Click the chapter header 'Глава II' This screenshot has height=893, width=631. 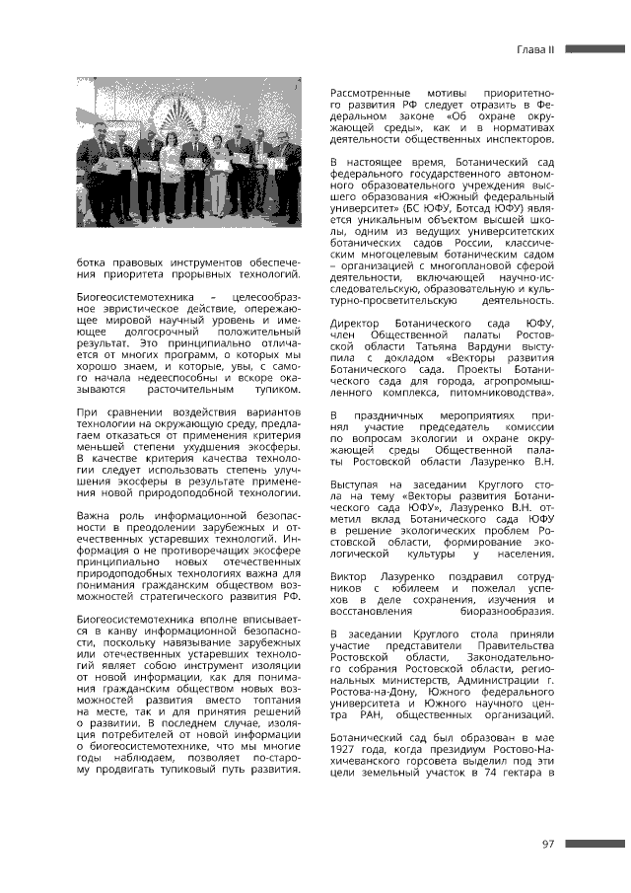tap(538, 48)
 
